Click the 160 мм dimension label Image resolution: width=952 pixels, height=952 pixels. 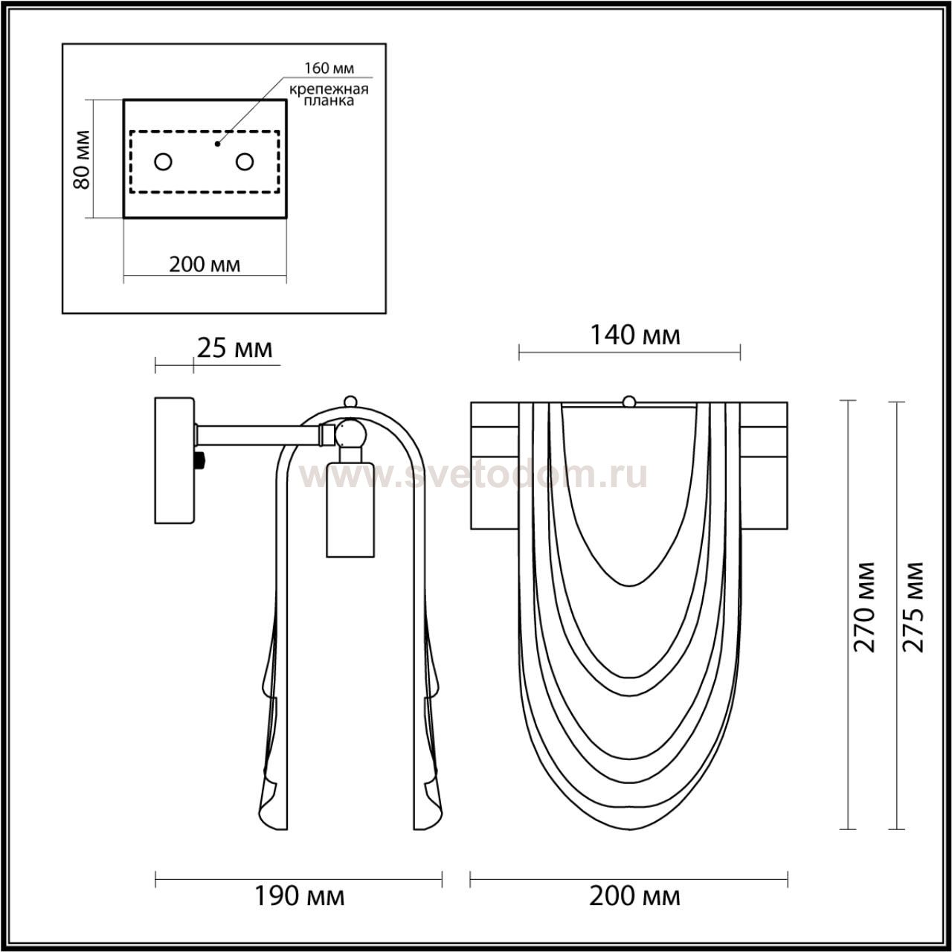[x=329, y=68]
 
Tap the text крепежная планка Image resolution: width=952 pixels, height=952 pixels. [x=329, y=95]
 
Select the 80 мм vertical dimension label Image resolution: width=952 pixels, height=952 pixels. [x=82, y=159]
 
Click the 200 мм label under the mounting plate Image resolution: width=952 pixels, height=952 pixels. [x=205, y=265]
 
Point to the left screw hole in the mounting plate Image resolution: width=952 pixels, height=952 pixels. [x=163, y=161]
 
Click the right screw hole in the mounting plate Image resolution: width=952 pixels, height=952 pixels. [x=245, y=161]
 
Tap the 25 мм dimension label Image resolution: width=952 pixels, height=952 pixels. [x=234, y=348]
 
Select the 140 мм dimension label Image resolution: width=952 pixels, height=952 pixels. [x=635, y=335]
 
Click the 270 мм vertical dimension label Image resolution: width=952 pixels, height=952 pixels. [x=864, y=607]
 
